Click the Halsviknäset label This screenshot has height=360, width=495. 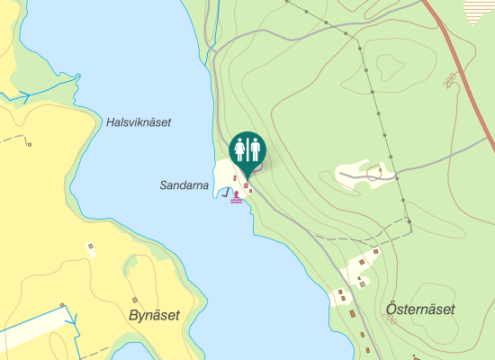pyautogui.click(x=138, y=122)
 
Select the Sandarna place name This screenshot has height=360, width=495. pyautogui.click(x=184, y=185)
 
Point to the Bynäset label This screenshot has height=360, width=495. pyautogui.click(x=155, y=315)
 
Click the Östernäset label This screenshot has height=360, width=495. pyautogui.click(x=420, y=310)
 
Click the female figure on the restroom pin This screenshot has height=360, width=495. pyautogui.click(x=239, y=148)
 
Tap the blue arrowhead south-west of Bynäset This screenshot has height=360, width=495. pyautogui.click(x=74, y=319)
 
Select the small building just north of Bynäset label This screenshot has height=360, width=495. pyautogui.click(x=135, y=299)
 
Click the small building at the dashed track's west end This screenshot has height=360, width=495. pyautogui.click(x=30, y=143)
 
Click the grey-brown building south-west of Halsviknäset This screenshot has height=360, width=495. pyautogui.click(x=90, y=245)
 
